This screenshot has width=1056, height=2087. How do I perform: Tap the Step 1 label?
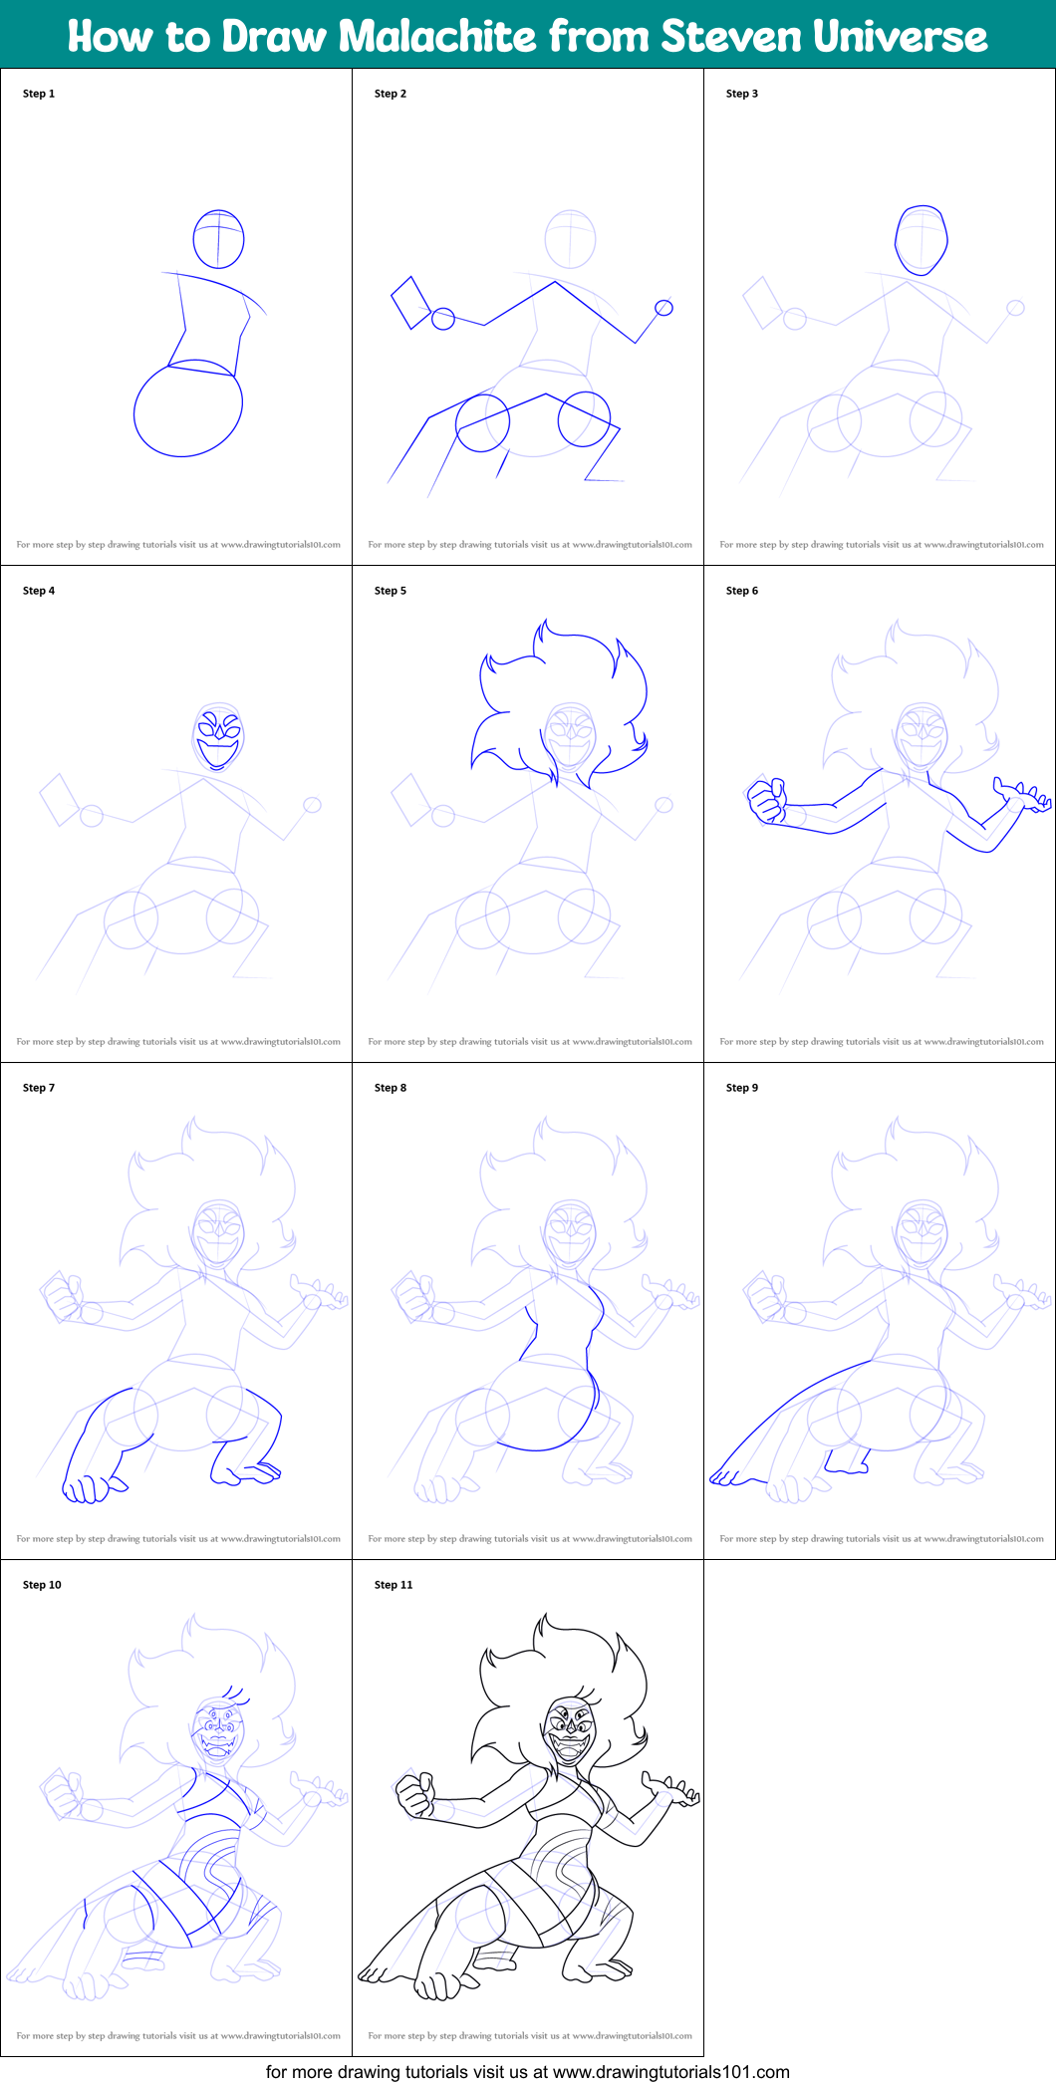pyautogui.click(x=39, y=94)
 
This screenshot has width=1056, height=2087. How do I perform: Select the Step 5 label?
pyautogui.click(x=391, y=591)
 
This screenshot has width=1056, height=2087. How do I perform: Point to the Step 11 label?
pyautogui.click(x=394, y=1585)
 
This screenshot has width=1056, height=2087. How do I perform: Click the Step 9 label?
pyautogui.click(x=742, y=1088)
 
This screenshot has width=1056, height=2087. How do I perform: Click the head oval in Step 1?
pyautogui.click(x=218, y=239)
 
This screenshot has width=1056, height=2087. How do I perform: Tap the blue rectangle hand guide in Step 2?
pyautogui.click(x=410, y=303)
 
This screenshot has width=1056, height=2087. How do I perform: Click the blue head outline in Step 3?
pyautogui.click(x=922, y=240)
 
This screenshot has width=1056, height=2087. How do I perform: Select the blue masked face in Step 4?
pyautogui.click(x=219, y=738)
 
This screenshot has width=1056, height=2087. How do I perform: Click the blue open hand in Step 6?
pyautogui.click(x=1023, y=796)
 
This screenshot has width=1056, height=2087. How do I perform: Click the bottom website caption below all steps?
pyautogui.click(x=527, y=2072)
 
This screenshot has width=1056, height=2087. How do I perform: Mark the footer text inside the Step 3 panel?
pyautogui.click(x=882, y=545)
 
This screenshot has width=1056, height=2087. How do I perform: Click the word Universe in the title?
pyautogui.click(x=901, y=37)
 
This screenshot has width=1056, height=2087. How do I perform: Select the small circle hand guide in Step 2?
pyautogui.click(x=664, y=308)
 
